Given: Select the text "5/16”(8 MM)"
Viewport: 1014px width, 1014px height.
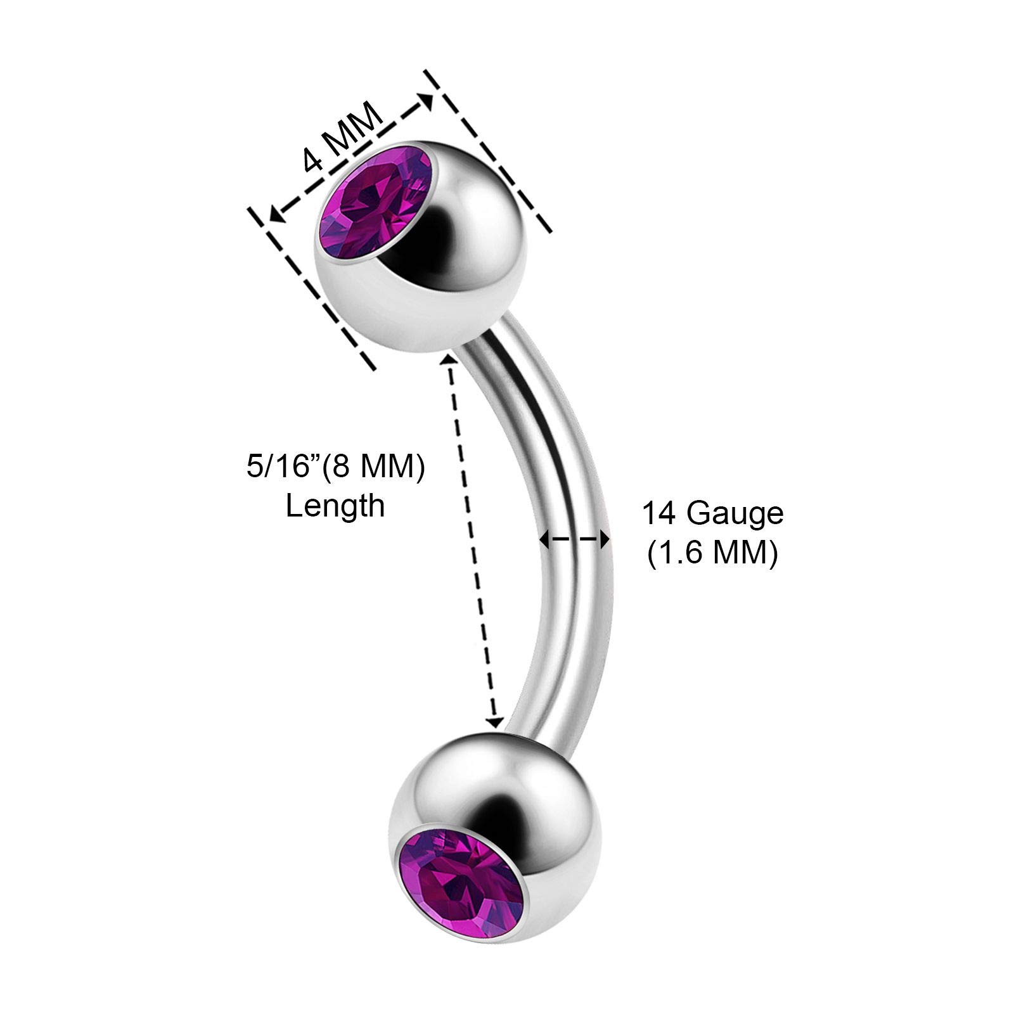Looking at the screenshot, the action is pyautogui.click(x=335, y=468).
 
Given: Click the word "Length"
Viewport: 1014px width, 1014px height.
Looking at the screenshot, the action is pyautogui.click(x=335, y=506).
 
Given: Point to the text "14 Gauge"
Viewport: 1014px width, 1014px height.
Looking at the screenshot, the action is pyautogui.click(x=713, y=513).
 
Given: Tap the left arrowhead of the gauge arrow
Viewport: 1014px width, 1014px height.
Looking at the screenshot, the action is pyautogui.click(x=544, y=539).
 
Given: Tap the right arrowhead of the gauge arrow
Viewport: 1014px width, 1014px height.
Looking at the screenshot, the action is pyautogui.click(x=605, y=539).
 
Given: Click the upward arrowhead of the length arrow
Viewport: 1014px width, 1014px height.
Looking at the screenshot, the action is pyautogui.click(x=449, y=359).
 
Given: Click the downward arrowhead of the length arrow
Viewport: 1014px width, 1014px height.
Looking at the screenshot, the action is pyautogui.click(x=495, y=722).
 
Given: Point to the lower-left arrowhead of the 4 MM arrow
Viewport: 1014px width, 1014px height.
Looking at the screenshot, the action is pyautogui.click(x=275, y=215).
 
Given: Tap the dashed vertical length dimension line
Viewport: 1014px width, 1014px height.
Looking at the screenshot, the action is pyautogui.click(x=472, y=539).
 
